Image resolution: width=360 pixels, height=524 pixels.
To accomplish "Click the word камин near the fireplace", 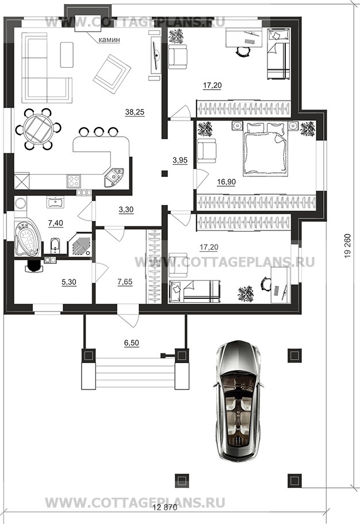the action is tap(109, 40).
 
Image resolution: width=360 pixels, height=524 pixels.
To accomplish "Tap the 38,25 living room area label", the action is tap(135, 112).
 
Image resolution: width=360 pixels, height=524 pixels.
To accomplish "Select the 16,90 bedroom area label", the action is tap(226, 182).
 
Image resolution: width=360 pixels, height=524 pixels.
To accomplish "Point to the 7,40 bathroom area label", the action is tap(56, 224).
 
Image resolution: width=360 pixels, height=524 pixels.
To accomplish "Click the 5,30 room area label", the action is tap(69, 282).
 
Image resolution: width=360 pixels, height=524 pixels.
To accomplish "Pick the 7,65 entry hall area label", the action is tap(125, 282).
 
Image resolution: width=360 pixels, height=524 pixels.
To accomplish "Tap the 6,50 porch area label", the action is tap(131, 343).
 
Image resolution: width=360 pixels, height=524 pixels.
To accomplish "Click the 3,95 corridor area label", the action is tap(180, 161).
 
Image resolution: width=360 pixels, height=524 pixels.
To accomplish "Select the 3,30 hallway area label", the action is tap(126, 210).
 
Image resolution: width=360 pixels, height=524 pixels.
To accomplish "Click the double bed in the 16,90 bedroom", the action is tap(266, 148).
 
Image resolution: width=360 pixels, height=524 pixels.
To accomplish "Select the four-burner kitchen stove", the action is tap(74, 181).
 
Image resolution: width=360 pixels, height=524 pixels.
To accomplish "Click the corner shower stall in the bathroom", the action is tap(80, 245).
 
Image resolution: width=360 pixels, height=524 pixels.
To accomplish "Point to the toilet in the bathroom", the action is tap(55, 246).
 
